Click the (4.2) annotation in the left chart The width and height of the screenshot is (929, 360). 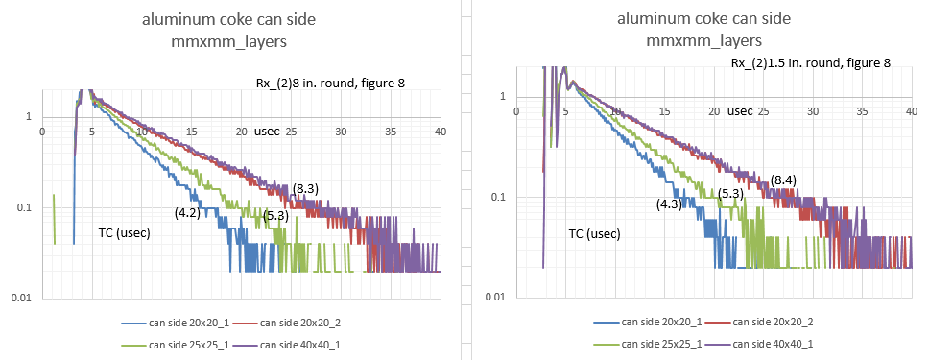(x=186, y=212)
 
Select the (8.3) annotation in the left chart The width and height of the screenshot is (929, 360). (x=305, y=188)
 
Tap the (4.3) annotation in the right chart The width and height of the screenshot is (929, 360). (x=669, y=204)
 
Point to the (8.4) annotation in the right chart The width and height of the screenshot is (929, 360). (x=783, y=180)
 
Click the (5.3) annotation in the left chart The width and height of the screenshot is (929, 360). (x=275, y=216)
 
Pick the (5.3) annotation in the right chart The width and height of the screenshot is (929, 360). (x=730, y=193)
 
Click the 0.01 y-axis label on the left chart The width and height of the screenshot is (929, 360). (x=20, y=298)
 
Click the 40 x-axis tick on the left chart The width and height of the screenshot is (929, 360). (x=441, y=132)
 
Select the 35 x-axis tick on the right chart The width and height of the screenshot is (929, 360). (x=863, y=111)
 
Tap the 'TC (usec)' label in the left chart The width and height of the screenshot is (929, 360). (x=125, y=233)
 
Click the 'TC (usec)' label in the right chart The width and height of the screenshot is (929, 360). (x=595, y=234)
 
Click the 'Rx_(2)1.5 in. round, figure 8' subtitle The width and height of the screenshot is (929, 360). (x=811, y=62)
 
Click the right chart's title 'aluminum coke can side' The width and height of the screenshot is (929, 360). (x=703, y=19)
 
